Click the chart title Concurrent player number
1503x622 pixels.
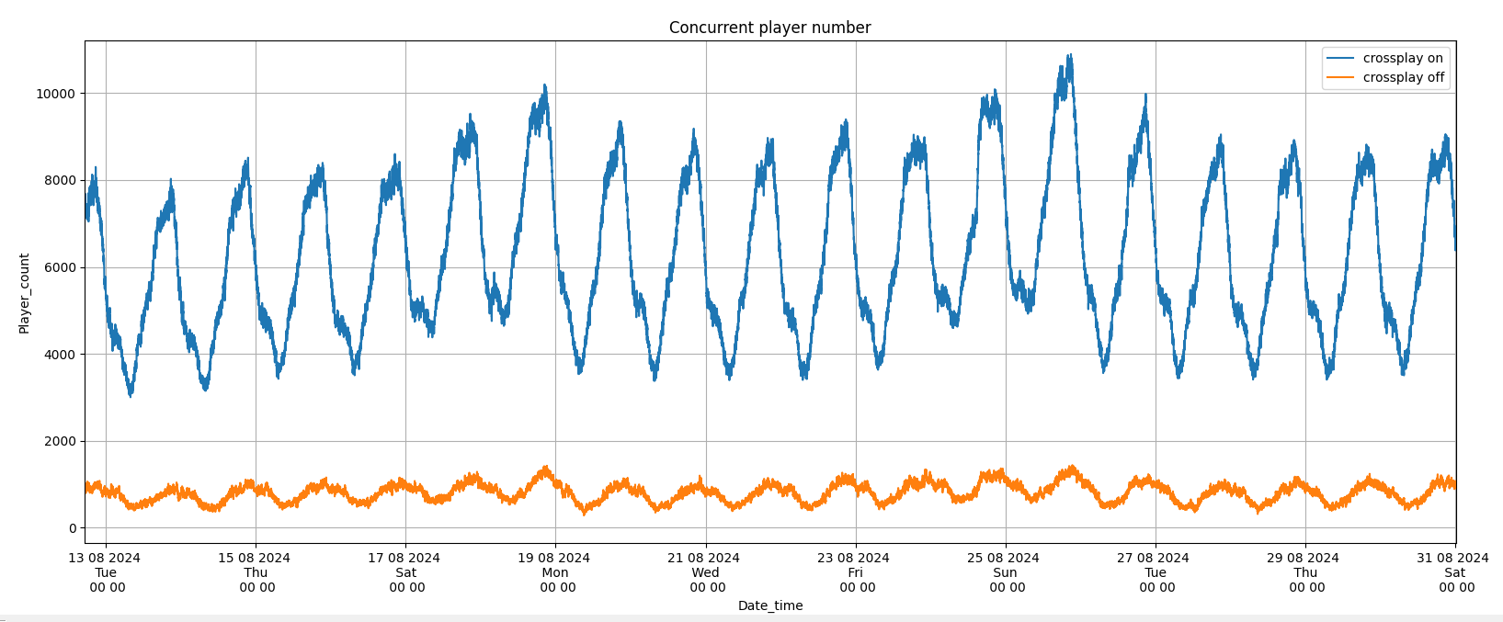769,28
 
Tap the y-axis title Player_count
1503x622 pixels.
25,293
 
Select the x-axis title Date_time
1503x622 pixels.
770,605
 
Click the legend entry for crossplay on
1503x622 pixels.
1403,58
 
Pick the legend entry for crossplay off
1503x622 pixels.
1403,78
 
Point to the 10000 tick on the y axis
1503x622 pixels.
55,94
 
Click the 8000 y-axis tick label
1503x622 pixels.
59,180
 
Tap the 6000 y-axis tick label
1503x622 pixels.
59,267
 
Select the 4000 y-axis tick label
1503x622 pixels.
59,355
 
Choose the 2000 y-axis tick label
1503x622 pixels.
59,442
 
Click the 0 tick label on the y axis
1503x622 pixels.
73,528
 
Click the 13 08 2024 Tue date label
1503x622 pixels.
105,572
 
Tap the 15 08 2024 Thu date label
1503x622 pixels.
255,572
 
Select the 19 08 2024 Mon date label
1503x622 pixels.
554,572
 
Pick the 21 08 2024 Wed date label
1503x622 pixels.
704,572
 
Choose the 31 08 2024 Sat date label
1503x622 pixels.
1453,572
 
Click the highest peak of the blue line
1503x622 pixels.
1069,56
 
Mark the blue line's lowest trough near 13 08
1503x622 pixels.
131,394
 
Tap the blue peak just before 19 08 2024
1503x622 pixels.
544,86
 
